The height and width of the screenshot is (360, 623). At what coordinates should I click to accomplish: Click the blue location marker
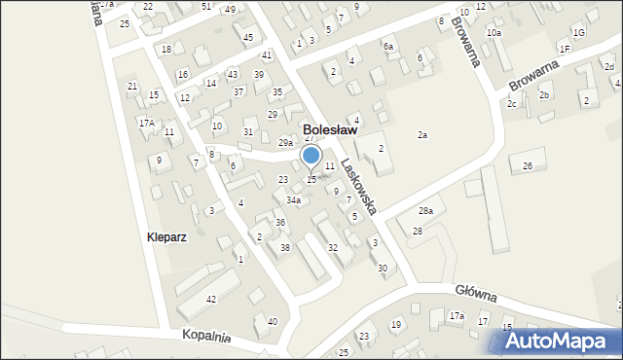pyautogui.click(x=311, y=156)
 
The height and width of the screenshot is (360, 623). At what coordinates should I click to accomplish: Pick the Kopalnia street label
pyautogui.click(x=205, y=337)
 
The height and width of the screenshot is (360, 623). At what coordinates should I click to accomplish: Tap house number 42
pyautogui.click(x=211, y=299)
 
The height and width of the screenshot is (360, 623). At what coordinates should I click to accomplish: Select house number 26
pyautogui.click(x=527, y=166)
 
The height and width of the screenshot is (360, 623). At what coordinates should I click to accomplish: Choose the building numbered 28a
pyautogui.click(x=425, y=211)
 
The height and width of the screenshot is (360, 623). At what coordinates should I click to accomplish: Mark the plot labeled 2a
pyautogui.click(x=422, y=135)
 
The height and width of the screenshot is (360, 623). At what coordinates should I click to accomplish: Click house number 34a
pyautogui.click(x=292, y=200)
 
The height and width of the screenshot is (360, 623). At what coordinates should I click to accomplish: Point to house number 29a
pyautogui.click(x=285, y=143)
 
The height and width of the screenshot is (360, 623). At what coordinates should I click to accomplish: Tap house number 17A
pyautogui.click(x=146, y=123)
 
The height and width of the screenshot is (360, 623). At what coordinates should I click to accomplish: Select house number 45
pyautogui.click(x=248, y=38)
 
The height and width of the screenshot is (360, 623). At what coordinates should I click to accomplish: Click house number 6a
pyautogui.click(x=388, y=47)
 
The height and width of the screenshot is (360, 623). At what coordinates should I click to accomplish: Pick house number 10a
pyautogui.click(x=495, y=33)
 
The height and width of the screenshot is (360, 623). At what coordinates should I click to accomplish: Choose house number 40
pyautogui.click(x=272, y=321)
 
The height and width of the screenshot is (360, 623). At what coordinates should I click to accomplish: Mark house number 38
pyautogui.click(x=284, y=248)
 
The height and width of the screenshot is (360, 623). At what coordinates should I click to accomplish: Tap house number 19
pyautogui.click(x=395, y=324)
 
